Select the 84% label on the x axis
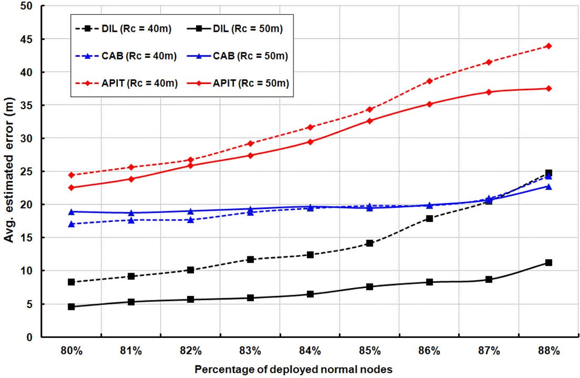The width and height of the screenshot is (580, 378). coord(310,351)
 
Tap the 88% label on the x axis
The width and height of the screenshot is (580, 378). coord(548,351)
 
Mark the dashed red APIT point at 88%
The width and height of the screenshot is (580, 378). coord(548,46)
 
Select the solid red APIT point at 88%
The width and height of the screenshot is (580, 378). coord(548,88)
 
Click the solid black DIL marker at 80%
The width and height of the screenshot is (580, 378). coord(71,307)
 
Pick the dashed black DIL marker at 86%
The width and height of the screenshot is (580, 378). coord(429,218)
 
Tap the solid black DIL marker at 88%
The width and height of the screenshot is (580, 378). coord(548,263)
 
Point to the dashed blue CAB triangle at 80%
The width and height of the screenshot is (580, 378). coord(71,224)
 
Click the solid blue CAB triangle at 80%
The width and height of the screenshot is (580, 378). coord(71,212)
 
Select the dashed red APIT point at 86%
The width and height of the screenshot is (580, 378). coord(429,81)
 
